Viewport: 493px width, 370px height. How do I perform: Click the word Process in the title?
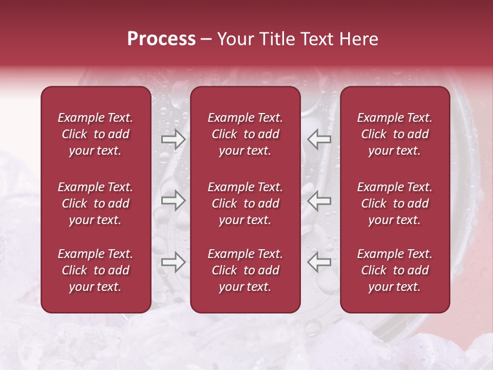click(161, 39)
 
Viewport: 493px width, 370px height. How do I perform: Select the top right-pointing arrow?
click(174, 139)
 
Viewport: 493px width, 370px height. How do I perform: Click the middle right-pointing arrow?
click(174, 200)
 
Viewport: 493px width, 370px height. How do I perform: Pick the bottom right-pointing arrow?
click(174, 263)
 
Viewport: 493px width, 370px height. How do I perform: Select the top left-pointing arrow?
click(319, 139)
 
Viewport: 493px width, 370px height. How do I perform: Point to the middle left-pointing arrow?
click(319, 200)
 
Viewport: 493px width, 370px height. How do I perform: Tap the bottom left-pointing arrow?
click(319, 263)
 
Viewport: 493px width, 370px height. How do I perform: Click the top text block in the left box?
click(96, 134)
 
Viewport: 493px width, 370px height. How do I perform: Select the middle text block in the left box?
click(96, 203)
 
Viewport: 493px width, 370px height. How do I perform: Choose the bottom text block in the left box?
click(96, 270)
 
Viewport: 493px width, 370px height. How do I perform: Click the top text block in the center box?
click(245, 134)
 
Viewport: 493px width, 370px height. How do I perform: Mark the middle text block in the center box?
click(245, 203)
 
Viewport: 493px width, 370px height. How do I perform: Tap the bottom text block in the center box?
click(245, 270)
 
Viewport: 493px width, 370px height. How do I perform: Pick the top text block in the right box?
click(394, 134)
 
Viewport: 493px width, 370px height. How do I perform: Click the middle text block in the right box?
click(394, 203)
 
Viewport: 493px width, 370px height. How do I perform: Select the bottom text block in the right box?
click(394, 270)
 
